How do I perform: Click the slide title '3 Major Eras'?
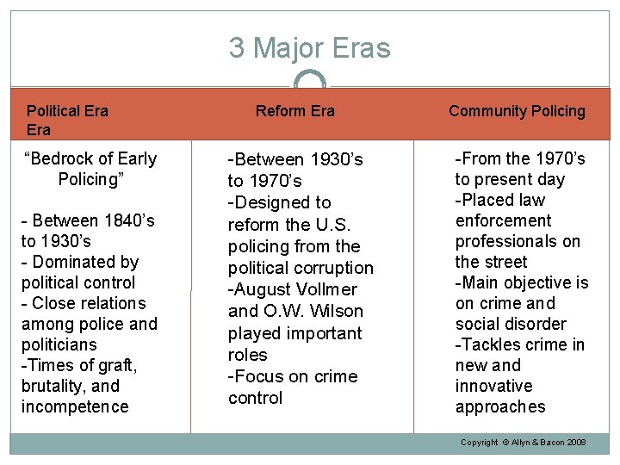click(309, 48)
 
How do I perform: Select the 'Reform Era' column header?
click(294, 111)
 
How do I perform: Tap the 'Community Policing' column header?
click(517, 111)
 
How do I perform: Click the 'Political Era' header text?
click(67, 111)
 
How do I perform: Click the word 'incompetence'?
click(75, 406)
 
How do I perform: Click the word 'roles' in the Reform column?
click(247, 355)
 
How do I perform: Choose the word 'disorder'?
click(535, 324)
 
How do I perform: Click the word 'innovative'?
click(493, 386)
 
